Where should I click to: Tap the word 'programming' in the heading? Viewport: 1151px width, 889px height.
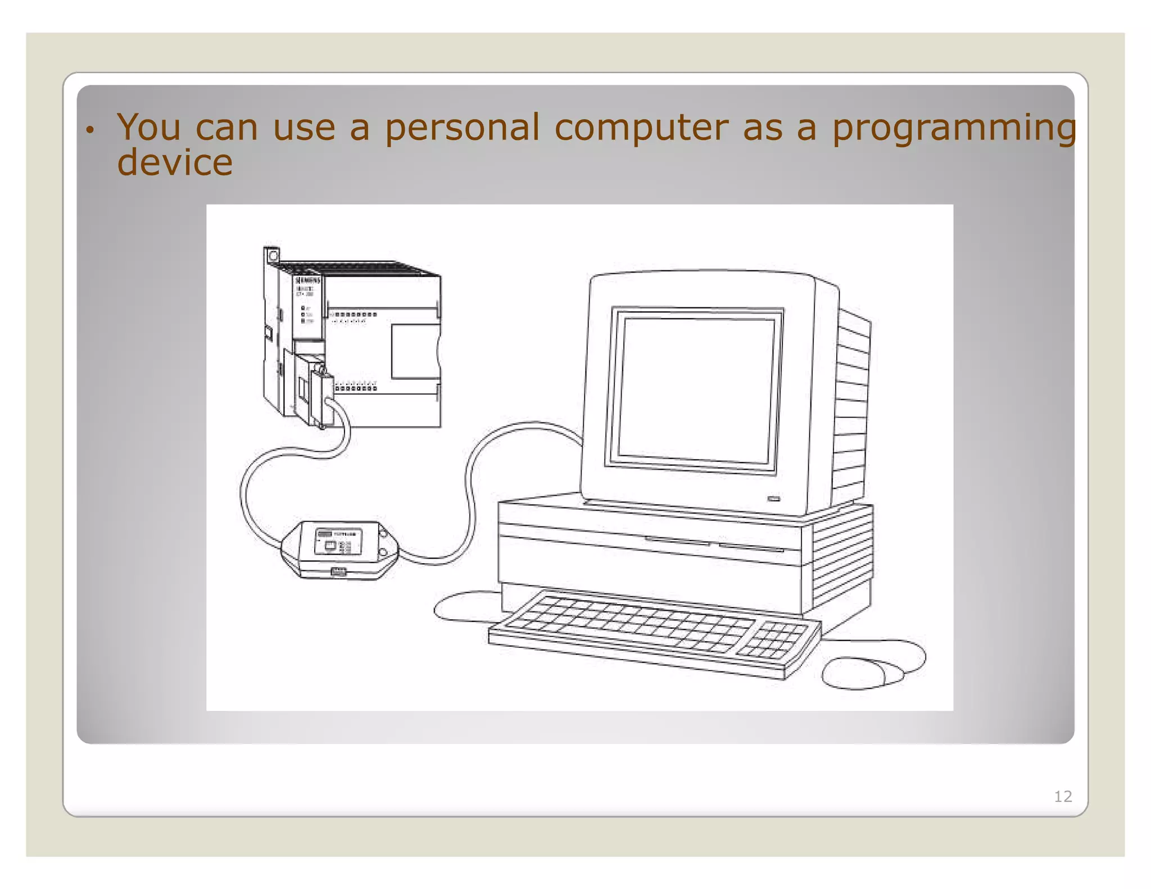(x=954, y=129)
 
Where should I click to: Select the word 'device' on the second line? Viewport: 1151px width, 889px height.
(x=175, y=162)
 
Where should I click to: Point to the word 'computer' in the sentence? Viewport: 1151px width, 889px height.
(x=641, y=129)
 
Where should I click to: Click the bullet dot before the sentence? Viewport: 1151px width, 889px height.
(x=89, y=131)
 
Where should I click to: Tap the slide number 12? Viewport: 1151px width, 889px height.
(x=1062, y=796)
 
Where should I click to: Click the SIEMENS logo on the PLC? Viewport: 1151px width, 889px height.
(x=308, y=280)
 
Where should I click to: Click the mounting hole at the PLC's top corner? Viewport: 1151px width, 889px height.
(x=273, y=256)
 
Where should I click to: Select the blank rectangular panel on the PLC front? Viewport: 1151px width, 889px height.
(x=415, y=351)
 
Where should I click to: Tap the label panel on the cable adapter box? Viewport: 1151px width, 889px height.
(x=338, y=541)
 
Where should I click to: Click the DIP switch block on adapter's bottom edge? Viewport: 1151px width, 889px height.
(x=338, y=572)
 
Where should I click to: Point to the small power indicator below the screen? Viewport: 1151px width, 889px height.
(x=774, y=498)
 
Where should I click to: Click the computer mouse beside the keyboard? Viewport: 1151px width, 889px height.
(x=860, y=673)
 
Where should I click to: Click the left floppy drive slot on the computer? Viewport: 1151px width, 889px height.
(x=677, y=541)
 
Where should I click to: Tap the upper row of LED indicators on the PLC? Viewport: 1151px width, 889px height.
(x=354, y=315)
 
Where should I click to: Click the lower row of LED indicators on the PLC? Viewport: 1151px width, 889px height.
(x=356, y=388)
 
